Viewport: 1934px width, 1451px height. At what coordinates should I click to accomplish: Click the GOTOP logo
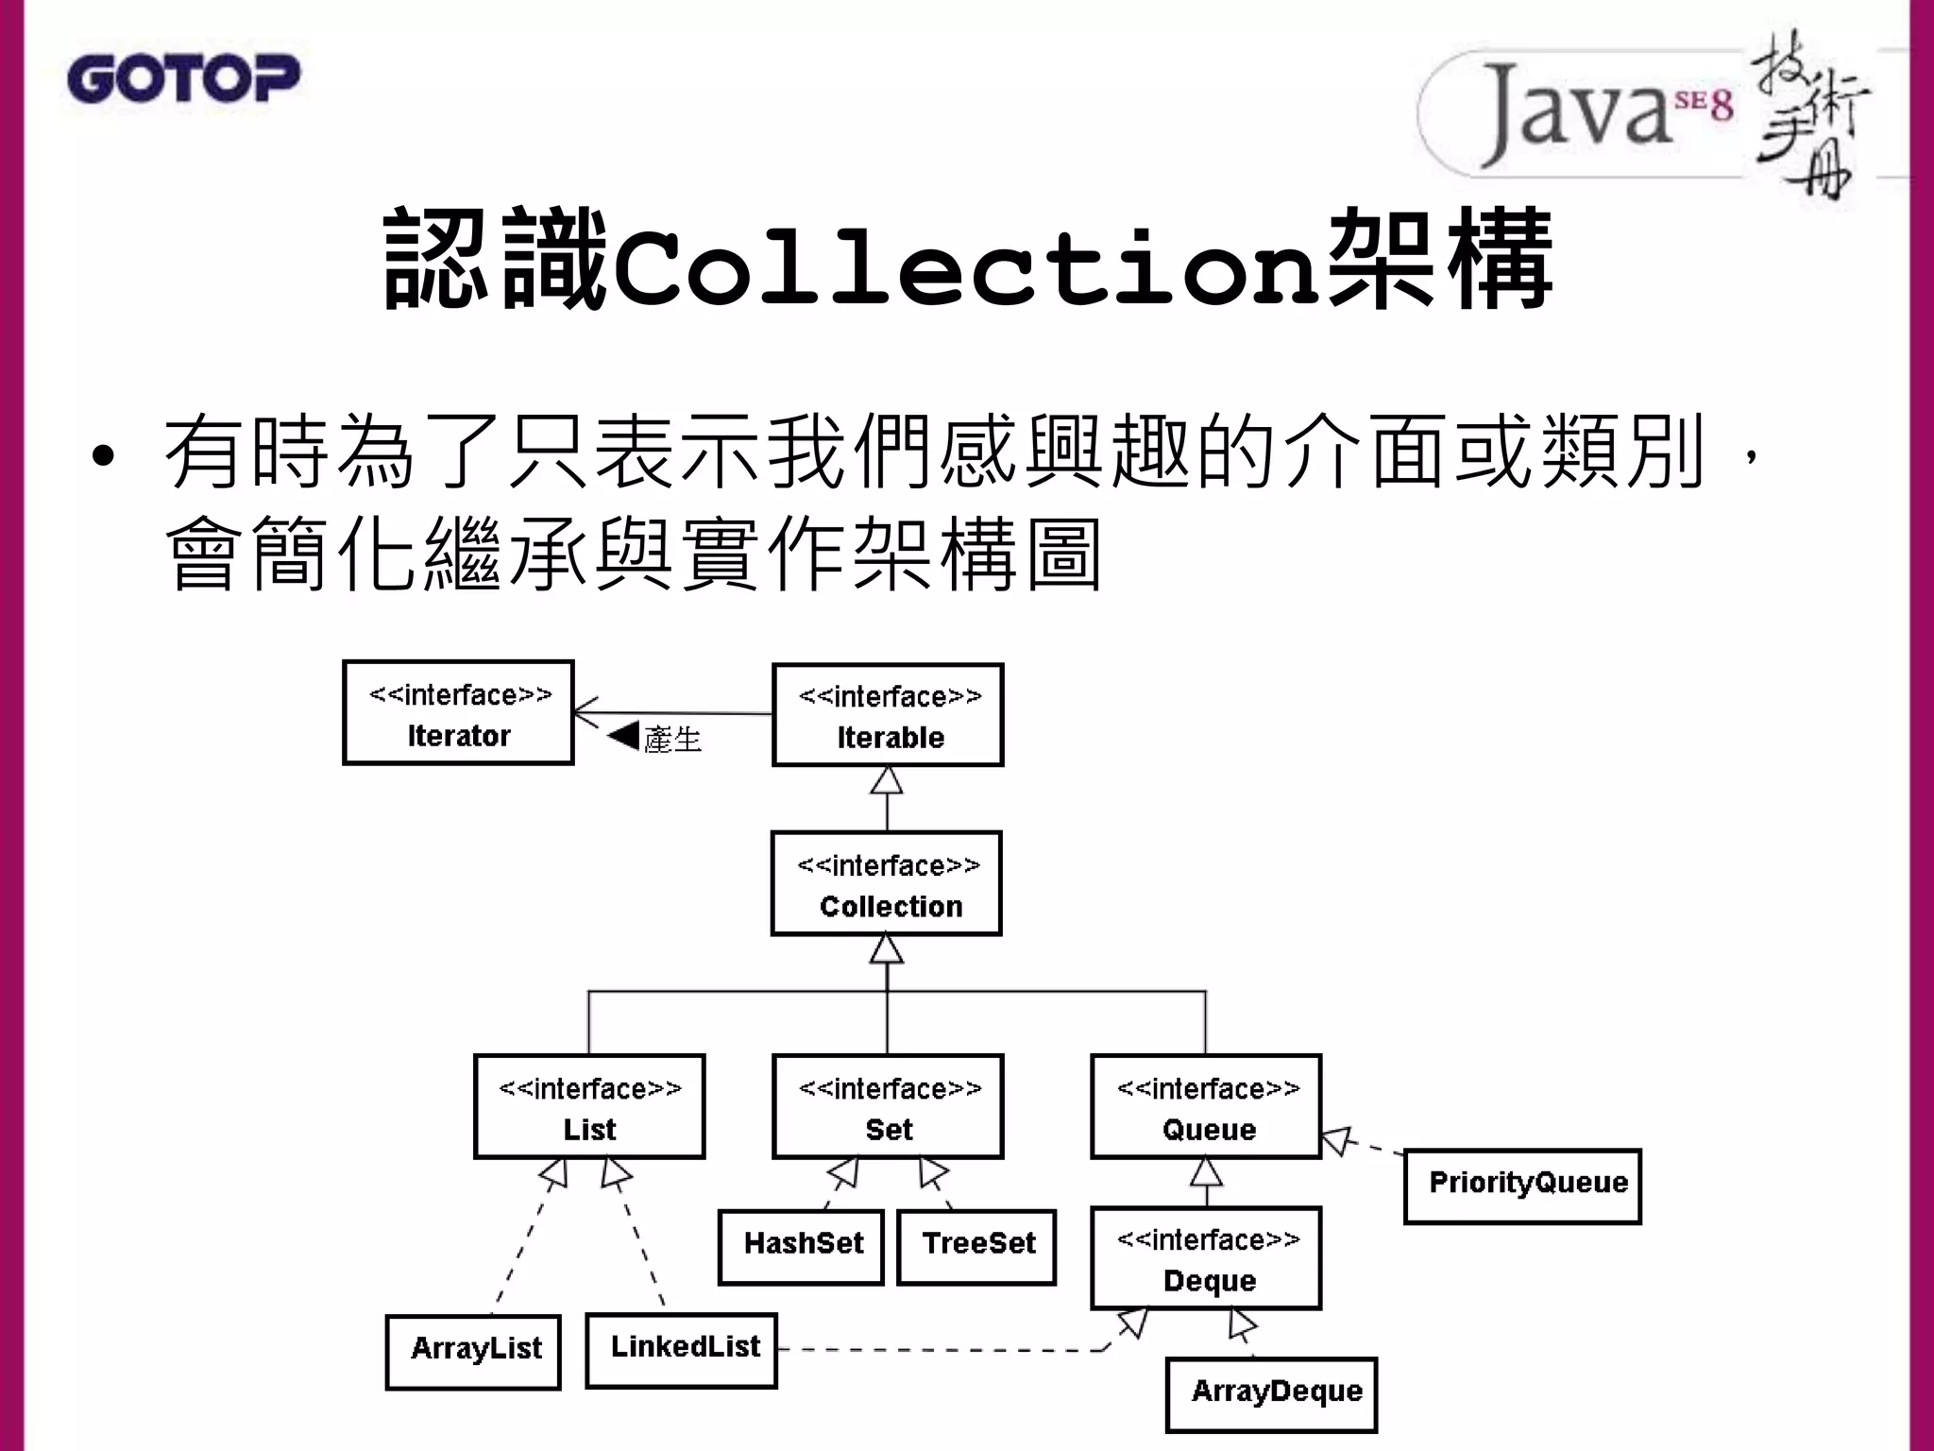pos(183,79)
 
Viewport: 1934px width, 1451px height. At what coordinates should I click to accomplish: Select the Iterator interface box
pos(458,713)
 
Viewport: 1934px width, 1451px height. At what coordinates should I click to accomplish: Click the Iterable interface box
pos(888,715)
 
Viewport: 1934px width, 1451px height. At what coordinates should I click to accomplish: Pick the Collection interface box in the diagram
pos(887,884)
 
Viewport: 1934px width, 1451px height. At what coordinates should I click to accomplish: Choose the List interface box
pos(589,1106)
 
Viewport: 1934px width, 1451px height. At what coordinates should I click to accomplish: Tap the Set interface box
pos(888,1106)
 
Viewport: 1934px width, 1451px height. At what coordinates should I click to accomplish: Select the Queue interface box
pos(1206,1106)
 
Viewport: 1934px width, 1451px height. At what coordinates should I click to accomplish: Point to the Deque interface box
pos(1206,1258)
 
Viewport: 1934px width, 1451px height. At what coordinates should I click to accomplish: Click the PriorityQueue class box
pos(1522,1186)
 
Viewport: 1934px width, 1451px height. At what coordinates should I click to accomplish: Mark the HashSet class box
pos(801,1247)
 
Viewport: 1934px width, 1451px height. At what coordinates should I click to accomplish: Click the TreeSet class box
pos(976,1247)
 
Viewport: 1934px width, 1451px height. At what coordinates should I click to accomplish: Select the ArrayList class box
pos(473,1352)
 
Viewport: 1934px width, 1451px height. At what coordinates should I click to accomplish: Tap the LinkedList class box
pos(681,1350)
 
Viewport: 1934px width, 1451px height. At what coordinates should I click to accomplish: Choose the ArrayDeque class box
pos(1271,1395)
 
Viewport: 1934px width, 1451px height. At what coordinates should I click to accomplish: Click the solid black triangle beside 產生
pos(624,736)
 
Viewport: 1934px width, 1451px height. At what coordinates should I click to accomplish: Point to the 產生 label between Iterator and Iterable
pos(672,740)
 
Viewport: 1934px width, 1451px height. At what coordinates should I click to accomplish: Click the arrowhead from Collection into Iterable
pos(887,780)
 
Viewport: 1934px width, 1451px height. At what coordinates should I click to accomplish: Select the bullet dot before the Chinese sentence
pos(103,457)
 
